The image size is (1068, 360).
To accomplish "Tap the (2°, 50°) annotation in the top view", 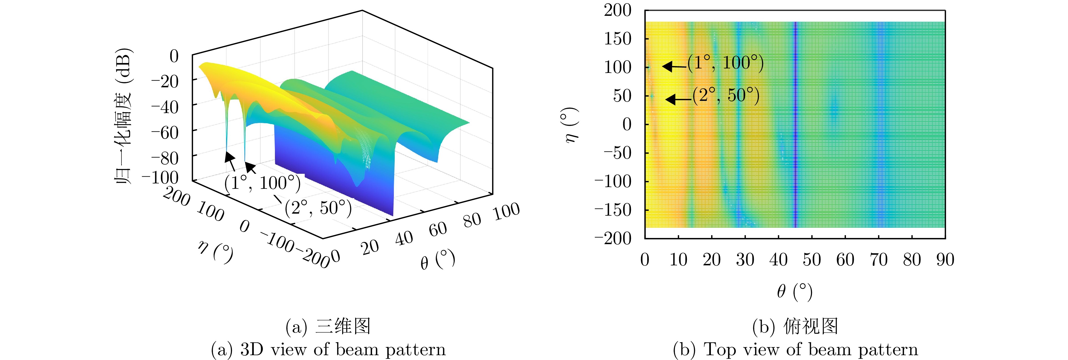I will [x=726, y=96].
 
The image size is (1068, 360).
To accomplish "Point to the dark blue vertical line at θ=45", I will [x=795, y=124].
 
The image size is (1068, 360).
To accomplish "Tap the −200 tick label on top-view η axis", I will [x=613, y=238].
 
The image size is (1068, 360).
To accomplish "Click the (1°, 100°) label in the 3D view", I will [x=262, y=183].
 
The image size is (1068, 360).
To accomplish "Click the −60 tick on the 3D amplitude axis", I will [x=165, y=133].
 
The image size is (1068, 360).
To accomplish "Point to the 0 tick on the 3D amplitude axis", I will [x=174, y=56].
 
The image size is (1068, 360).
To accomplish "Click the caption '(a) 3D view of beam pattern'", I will [x=328, y=350].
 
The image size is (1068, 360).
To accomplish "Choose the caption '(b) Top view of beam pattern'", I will [x=795, y=350].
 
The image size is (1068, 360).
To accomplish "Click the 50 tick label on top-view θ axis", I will [x=812, y=260].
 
